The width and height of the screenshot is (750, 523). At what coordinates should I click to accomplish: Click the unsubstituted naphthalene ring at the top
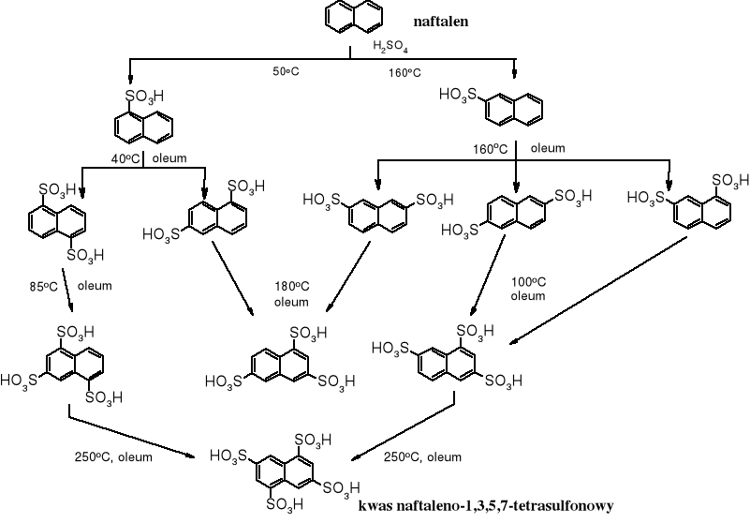point(355,16)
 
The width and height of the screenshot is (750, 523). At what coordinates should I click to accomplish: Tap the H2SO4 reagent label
point(390,47)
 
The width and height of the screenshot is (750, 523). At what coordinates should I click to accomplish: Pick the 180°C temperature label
point(291,287)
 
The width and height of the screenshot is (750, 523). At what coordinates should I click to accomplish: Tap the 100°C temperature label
point(527,281)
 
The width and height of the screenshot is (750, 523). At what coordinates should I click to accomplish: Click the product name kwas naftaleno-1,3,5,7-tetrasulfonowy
point(485,505)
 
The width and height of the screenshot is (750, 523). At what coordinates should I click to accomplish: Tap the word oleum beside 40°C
point(170,157)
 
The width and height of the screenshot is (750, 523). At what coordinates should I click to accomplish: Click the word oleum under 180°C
point(291,302)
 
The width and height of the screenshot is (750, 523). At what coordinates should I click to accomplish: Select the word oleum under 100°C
point(527,296)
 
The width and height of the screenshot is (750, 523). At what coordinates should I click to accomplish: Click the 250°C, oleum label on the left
point(113,457)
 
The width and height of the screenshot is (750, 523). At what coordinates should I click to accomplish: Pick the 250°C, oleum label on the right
point(422,456)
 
